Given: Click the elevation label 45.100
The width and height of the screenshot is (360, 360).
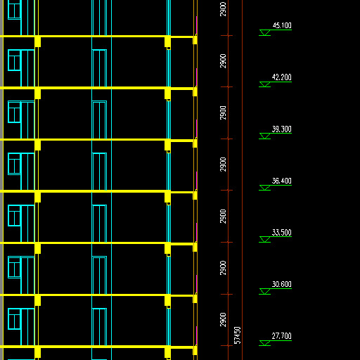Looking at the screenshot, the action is tap(282, 25).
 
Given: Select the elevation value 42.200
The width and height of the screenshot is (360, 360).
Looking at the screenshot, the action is tap(282, 77).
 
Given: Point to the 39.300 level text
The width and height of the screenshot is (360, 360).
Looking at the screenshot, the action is tap(282, 129).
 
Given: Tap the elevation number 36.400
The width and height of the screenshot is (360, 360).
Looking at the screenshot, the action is tap(282, 181).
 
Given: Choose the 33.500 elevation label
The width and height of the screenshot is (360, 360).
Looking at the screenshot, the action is tap(282, 233).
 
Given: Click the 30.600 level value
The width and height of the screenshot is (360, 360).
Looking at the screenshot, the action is tap(282, 284).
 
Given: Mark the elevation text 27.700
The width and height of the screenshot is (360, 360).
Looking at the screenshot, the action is tap(282, 336).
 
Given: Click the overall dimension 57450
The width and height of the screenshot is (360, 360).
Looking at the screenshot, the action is tap(238, 335).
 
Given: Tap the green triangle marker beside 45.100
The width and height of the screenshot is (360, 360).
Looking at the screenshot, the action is tap(265, 32).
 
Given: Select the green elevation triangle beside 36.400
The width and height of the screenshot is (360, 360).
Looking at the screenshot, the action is tap(265, 188).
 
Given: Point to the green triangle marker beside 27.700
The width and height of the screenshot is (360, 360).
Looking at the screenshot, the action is tap(265, 343).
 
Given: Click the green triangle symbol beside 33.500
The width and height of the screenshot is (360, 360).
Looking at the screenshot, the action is tap(265, 240).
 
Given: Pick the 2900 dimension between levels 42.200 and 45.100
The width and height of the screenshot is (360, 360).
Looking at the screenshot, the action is tap(223, 61).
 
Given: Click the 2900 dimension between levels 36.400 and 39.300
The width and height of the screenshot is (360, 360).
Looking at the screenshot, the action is tap(223, 165).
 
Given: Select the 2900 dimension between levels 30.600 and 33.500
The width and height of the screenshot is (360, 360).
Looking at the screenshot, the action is tap(223, 268).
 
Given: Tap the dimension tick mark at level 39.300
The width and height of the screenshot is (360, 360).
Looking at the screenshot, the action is tap(227, 139).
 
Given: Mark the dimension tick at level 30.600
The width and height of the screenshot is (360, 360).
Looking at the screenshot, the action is tap(227, 294).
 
